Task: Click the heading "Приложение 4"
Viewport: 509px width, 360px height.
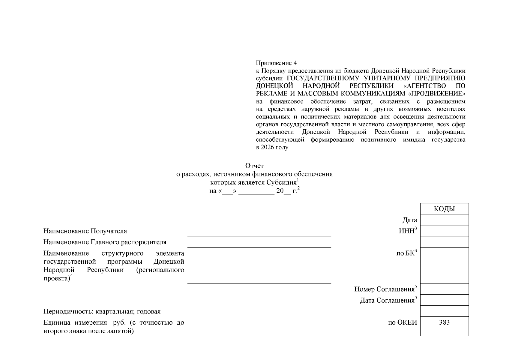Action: [276, 63]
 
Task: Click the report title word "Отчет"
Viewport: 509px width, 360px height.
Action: [254, 166]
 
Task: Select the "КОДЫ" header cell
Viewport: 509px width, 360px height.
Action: [444, 209]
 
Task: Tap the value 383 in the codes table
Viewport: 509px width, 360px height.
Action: [444, 322]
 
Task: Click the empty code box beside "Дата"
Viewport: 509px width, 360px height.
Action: [444, 220]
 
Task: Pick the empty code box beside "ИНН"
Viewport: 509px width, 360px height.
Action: [444, 231]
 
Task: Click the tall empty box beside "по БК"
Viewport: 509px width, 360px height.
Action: [444, 265]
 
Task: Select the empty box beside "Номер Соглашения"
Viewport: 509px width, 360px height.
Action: [444, 289]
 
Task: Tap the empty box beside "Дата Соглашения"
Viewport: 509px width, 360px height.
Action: [444, 300]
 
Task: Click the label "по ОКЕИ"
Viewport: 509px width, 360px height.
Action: [402, 323]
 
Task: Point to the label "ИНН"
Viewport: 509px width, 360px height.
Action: [407, 231]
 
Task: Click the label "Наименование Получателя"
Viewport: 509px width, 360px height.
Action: [85, 231]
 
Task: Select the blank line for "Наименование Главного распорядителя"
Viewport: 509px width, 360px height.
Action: [259, 244]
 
